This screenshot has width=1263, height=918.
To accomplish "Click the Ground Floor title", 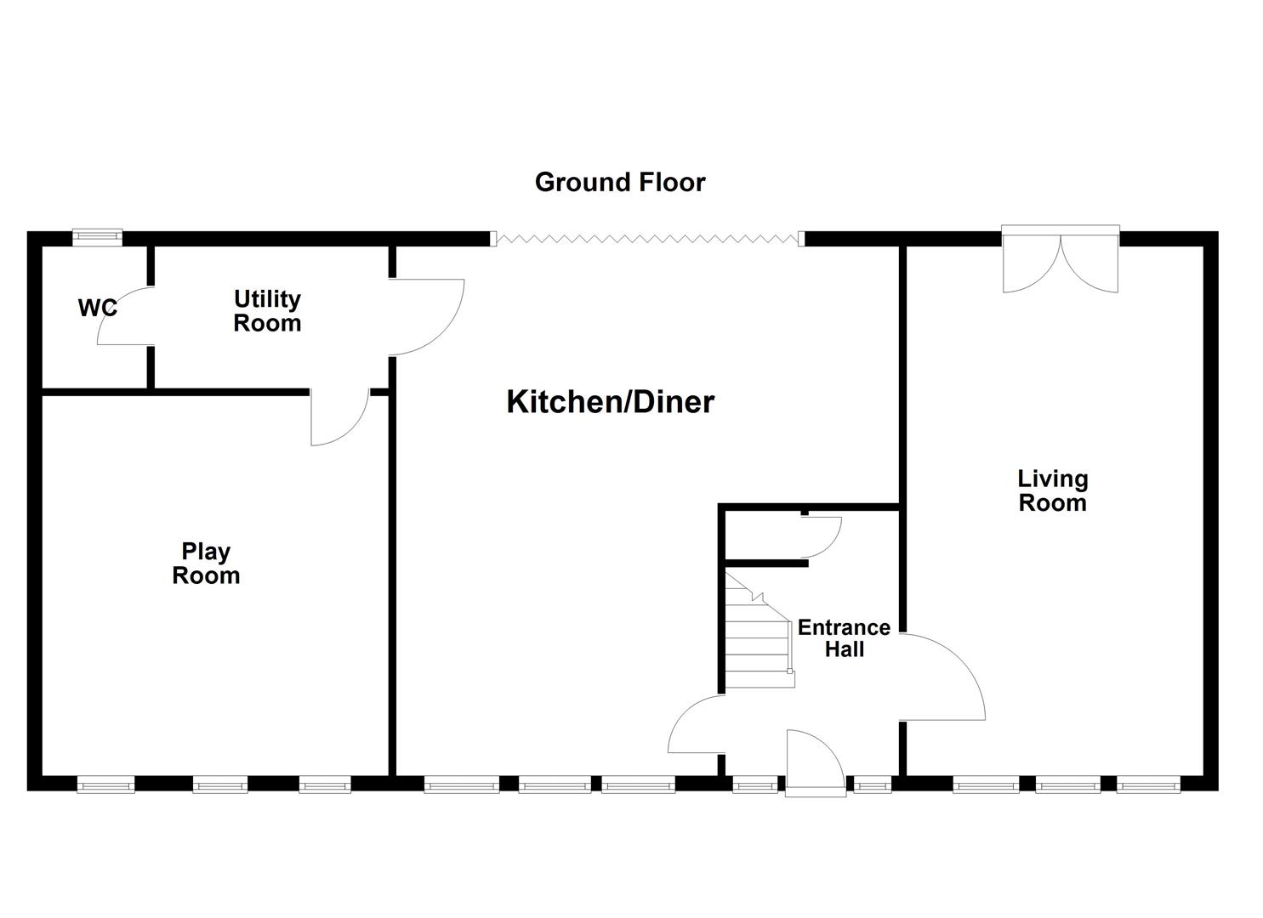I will (619, 182).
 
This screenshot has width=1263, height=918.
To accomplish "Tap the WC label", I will (98, 308).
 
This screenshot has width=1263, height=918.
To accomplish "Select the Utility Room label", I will (267, 311).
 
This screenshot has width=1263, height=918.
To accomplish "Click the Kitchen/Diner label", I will (610, 401).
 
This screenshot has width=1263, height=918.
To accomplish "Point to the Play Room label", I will (206, 564).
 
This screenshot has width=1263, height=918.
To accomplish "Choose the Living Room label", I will (1052, 490).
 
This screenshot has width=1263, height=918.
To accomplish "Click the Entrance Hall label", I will (843, 638).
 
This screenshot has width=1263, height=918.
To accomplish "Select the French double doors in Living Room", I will (1060, 259).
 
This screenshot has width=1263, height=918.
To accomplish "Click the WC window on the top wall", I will (97, 237).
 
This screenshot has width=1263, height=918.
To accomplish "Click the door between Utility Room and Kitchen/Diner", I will (425, 316).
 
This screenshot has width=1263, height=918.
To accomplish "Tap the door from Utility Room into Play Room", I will (339, 416).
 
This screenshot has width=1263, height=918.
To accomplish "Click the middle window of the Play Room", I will (219, 785).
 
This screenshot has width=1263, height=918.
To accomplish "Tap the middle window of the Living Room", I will (1067, 785).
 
